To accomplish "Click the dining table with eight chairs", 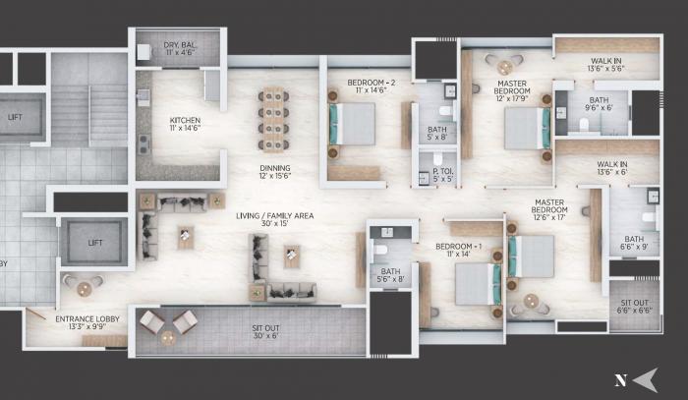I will (275, 115).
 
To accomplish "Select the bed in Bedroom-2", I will (352, 124).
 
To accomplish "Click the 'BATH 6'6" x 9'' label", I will (633, 243).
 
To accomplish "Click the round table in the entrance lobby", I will (85, 289).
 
